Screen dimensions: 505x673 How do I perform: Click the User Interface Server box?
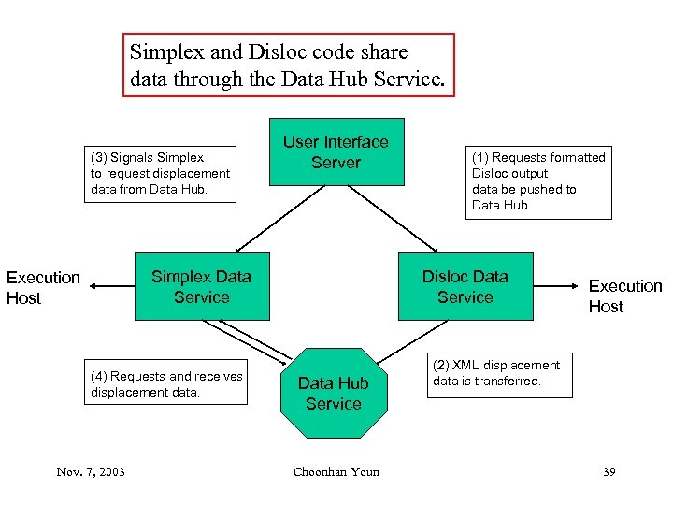[336, 151]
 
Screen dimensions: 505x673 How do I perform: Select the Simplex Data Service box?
[202, 286]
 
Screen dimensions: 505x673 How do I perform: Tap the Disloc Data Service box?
[465, 286]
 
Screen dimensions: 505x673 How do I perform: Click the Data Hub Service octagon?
[334, 393]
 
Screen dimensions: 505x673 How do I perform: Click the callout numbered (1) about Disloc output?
[538, 181]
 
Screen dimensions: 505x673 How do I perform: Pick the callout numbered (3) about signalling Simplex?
[160, 173]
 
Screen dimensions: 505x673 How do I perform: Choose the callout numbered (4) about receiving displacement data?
[166, 382]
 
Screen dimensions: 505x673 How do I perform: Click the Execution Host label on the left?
[43, 287]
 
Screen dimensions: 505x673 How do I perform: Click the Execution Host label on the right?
[624, 296]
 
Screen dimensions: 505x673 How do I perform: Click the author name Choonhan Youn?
[336, 471]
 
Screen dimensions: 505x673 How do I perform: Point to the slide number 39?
[609, 471]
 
